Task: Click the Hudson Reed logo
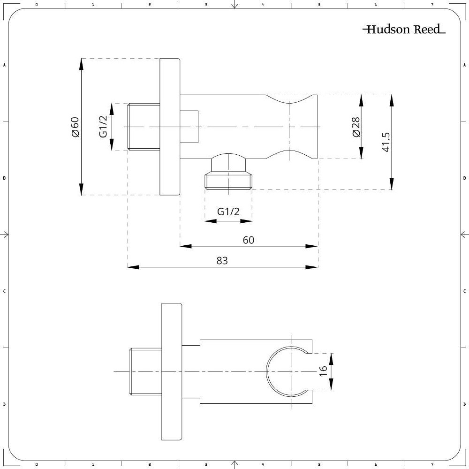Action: [x=404, y=30]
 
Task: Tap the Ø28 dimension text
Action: [x=356, y=127]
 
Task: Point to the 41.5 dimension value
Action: [x=386, y=142]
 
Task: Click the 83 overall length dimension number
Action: [x=222, y=260]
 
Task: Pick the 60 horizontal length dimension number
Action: [x=249, y=240]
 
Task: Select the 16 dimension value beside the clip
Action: [x=323, y=371]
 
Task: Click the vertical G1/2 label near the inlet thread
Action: [x=104, y=127]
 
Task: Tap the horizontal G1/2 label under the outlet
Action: [x=228, y=212]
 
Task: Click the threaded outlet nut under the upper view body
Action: [x=228, y=181]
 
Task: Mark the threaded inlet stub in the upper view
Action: [x=144, y=127]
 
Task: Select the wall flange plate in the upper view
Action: [x=170, y=127]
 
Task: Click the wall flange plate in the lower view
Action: [x=171, y=371]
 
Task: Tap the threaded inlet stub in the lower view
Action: [x=145, y=371]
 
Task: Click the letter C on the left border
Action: [x=4, y=291]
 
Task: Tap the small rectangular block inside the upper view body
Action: [x=189, y=127]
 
